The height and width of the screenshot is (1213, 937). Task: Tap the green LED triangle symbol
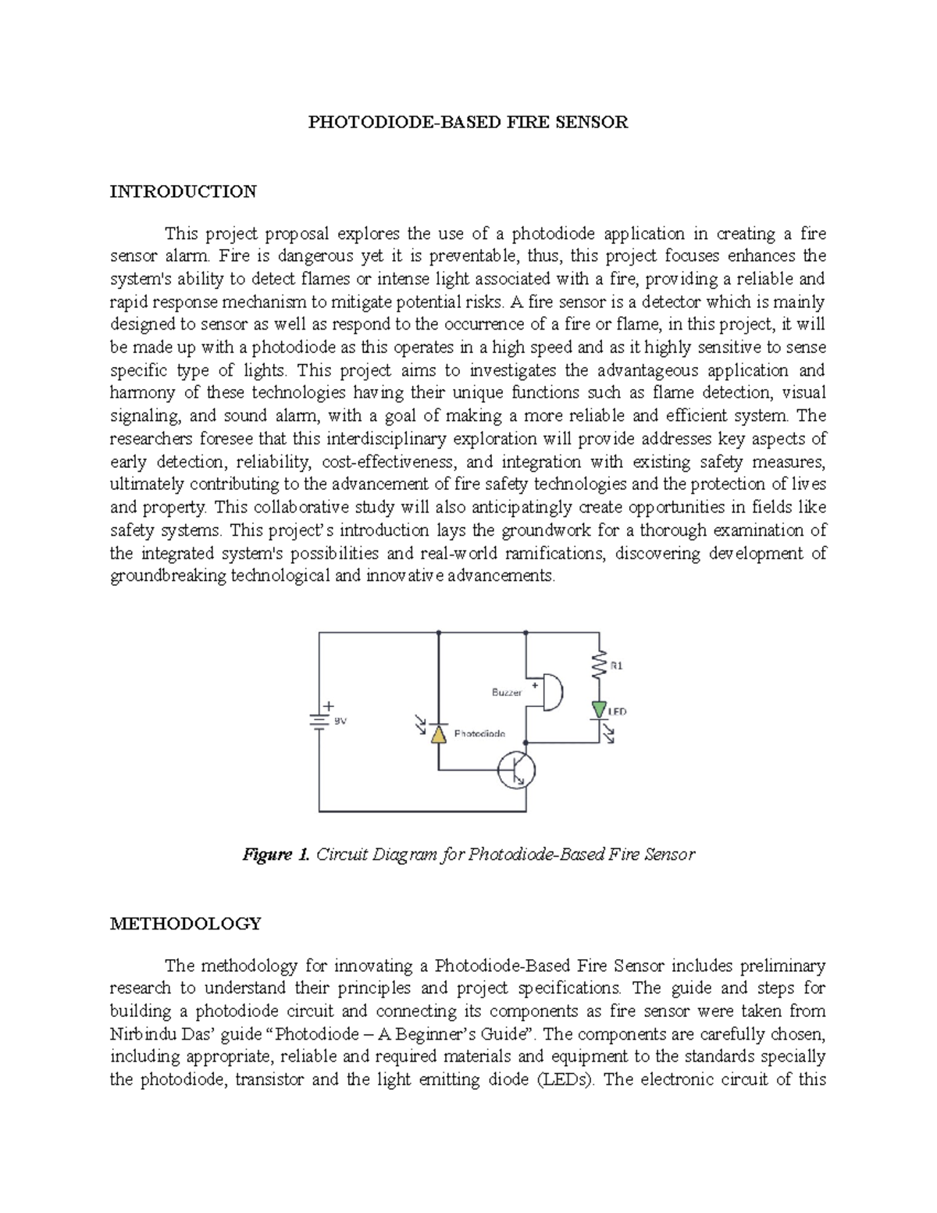pos(599,709)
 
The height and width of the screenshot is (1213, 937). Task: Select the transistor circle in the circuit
pos(517,770)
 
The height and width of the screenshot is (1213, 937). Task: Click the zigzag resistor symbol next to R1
pos(599,666)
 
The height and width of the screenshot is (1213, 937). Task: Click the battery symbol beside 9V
pos(319,721)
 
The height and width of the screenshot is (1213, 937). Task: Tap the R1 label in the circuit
pos(617,665)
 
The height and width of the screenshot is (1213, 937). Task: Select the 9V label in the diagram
pos(340,722)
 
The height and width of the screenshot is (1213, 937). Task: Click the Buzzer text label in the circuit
pos(507,692)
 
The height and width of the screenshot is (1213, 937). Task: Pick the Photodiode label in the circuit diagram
pos(479,733)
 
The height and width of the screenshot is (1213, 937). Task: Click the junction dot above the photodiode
pos(438,632)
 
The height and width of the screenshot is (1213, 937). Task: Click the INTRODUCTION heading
pos(183,191)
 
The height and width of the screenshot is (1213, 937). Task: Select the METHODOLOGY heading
pos(185,923)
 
